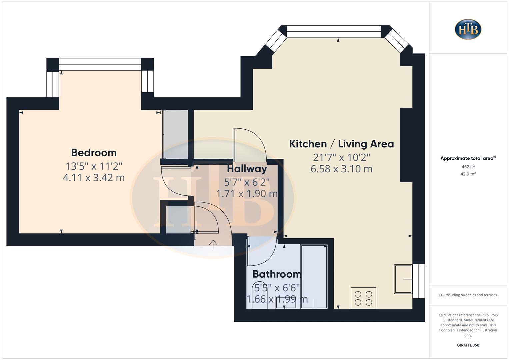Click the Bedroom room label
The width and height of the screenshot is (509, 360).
[x=94, y=153]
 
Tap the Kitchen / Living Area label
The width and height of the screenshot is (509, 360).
[x=341, y=144]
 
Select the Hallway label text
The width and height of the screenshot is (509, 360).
[x=247, y=169]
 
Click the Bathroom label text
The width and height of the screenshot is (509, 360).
[x=277, y=274]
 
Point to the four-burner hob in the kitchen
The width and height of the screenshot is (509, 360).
[x=363, y=298]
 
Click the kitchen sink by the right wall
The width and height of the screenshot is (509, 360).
[x=403, y=279]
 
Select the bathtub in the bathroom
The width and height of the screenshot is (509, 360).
[x=314, y=276]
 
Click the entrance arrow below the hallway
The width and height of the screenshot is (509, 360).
[x=213, y=244]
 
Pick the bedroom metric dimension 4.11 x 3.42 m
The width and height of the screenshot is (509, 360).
[x=94, y=178]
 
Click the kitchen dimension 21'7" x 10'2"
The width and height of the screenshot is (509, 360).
[x=341, y=157]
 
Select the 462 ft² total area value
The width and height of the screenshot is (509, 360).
[x=468, y=167]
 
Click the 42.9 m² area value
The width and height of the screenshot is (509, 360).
[x=468, y=174]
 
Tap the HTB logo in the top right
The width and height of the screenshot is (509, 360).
[x=468, y=29]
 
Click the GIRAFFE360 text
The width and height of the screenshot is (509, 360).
[x=468, y=345]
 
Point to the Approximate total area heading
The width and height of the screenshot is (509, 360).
[x=468, y=158]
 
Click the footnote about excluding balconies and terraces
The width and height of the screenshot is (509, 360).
[x=468, y=295]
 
